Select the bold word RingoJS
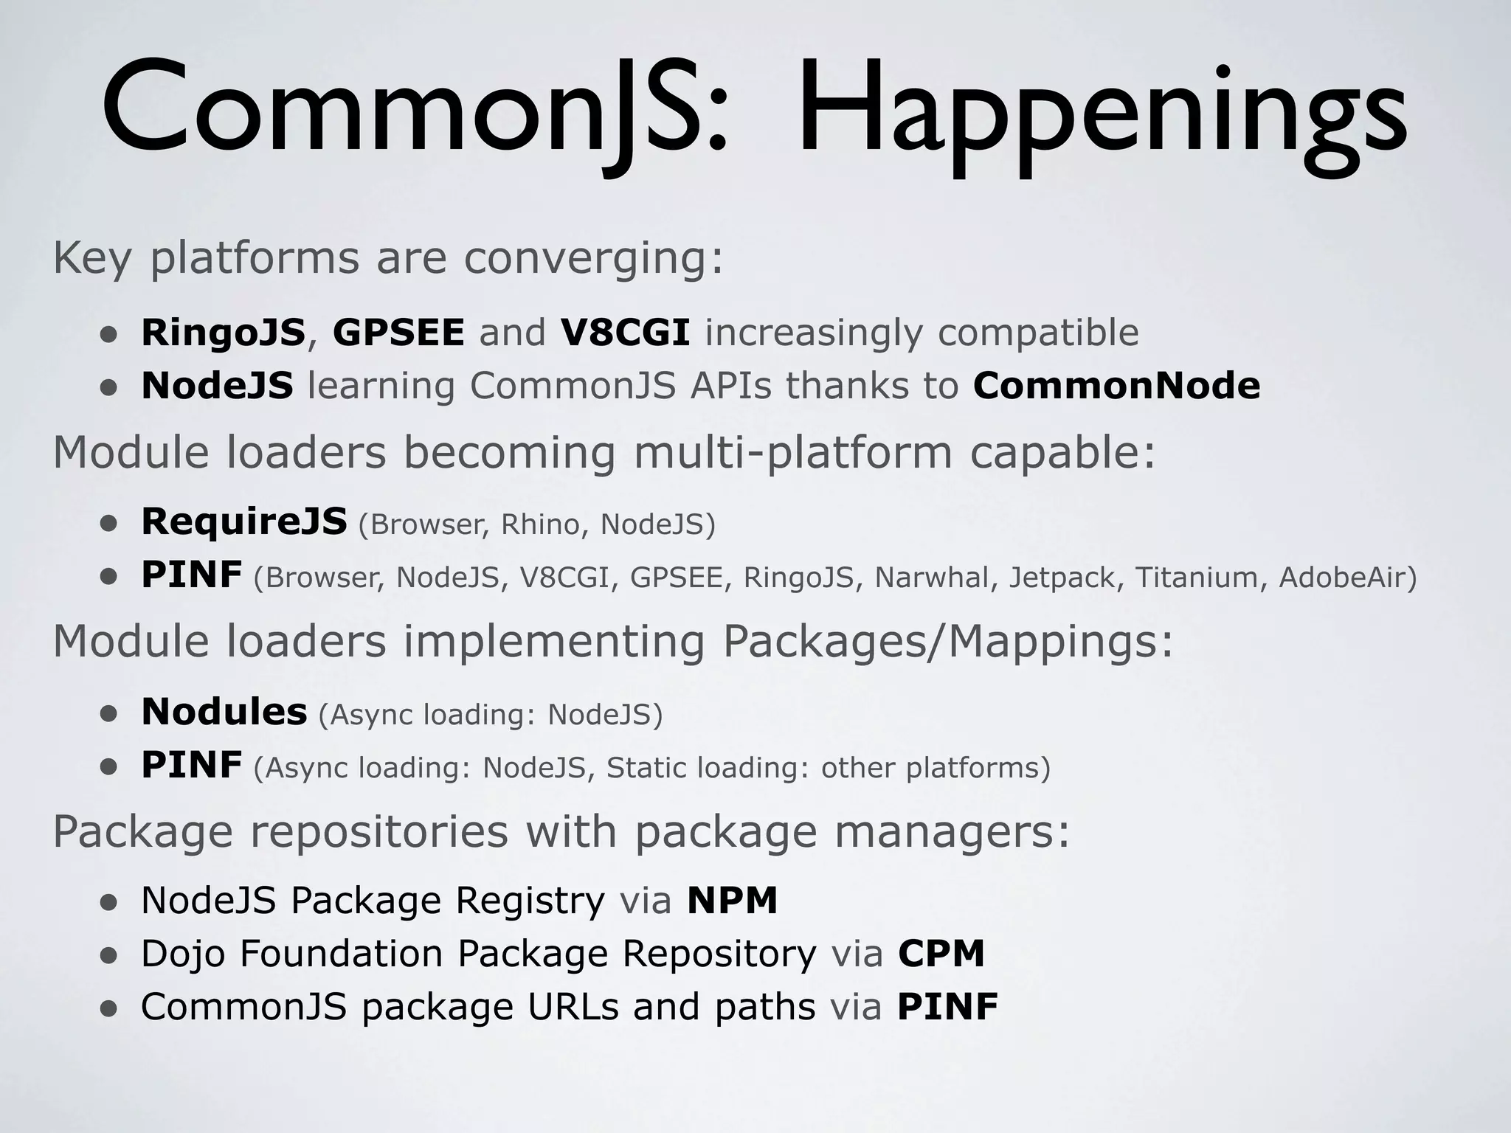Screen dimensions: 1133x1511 pos(223,333)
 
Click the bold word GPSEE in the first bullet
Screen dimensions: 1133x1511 pos(398,333)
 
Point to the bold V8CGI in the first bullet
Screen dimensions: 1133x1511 pos(625,333)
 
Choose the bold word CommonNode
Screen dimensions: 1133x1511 pos(1116,386)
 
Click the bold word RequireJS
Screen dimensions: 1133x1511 pos(244,522)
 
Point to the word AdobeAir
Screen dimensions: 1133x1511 pos(1343,578)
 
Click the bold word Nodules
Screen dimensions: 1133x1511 pos(224,712)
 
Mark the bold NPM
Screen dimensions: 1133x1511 pos(732,901)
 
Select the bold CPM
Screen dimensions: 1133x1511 pos(941,954)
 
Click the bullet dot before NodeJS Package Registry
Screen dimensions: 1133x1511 pos(109,903)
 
